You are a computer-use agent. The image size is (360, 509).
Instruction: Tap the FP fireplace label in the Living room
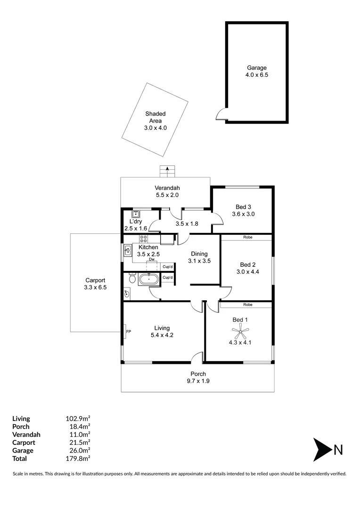tap(128, 332)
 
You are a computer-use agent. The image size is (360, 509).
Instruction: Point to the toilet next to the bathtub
tap(131, 279)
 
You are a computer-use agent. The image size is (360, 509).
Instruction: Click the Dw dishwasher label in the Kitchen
tap(152, 260)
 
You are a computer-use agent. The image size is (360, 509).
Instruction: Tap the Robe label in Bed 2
tap(247, 238)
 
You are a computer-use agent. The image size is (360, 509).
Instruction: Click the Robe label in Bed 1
tap(247, 305)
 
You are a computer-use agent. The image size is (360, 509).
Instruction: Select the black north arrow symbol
tap(322, 450)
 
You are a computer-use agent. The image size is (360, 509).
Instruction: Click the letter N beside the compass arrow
tap(338, 450)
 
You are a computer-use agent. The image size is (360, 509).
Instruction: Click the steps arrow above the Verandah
tap(167, 171)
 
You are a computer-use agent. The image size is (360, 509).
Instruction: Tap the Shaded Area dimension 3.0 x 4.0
tap(155, 128)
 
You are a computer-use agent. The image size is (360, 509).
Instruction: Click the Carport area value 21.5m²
tap(79, 443)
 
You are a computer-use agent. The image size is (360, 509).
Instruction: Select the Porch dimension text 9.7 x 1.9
tap(197, 381)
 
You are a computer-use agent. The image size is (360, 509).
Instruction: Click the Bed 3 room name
tap(243, 206)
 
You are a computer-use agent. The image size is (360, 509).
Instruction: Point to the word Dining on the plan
tap(199, 254)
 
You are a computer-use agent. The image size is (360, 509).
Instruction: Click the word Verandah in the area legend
tap(26, 435)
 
